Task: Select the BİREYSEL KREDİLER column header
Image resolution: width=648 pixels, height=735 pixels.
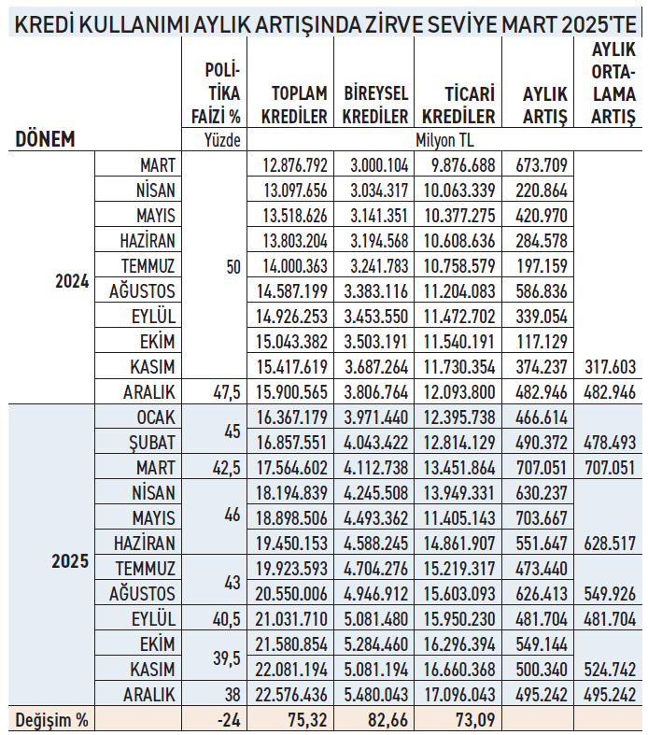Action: pos(375,105)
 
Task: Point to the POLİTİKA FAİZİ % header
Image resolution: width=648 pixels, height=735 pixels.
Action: pos(222,93)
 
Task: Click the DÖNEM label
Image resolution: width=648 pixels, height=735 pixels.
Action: pos(45,140)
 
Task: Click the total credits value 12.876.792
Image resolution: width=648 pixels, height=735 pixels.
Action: pos(294,165)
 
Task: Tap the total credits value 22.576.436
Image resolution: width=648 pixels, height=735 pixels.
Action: pos(294,695)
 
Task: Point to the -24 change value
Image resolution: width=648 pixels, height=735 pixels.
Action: pos(227,720)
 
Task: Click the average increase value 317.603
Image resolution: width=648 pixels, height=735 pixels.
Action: pos(613,367)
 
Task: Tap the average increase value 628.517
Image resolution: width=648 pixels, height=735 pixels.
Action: pos(613,544)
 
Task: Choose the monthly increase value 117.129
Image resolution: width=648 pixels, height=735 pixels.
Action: pos(542,342)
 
